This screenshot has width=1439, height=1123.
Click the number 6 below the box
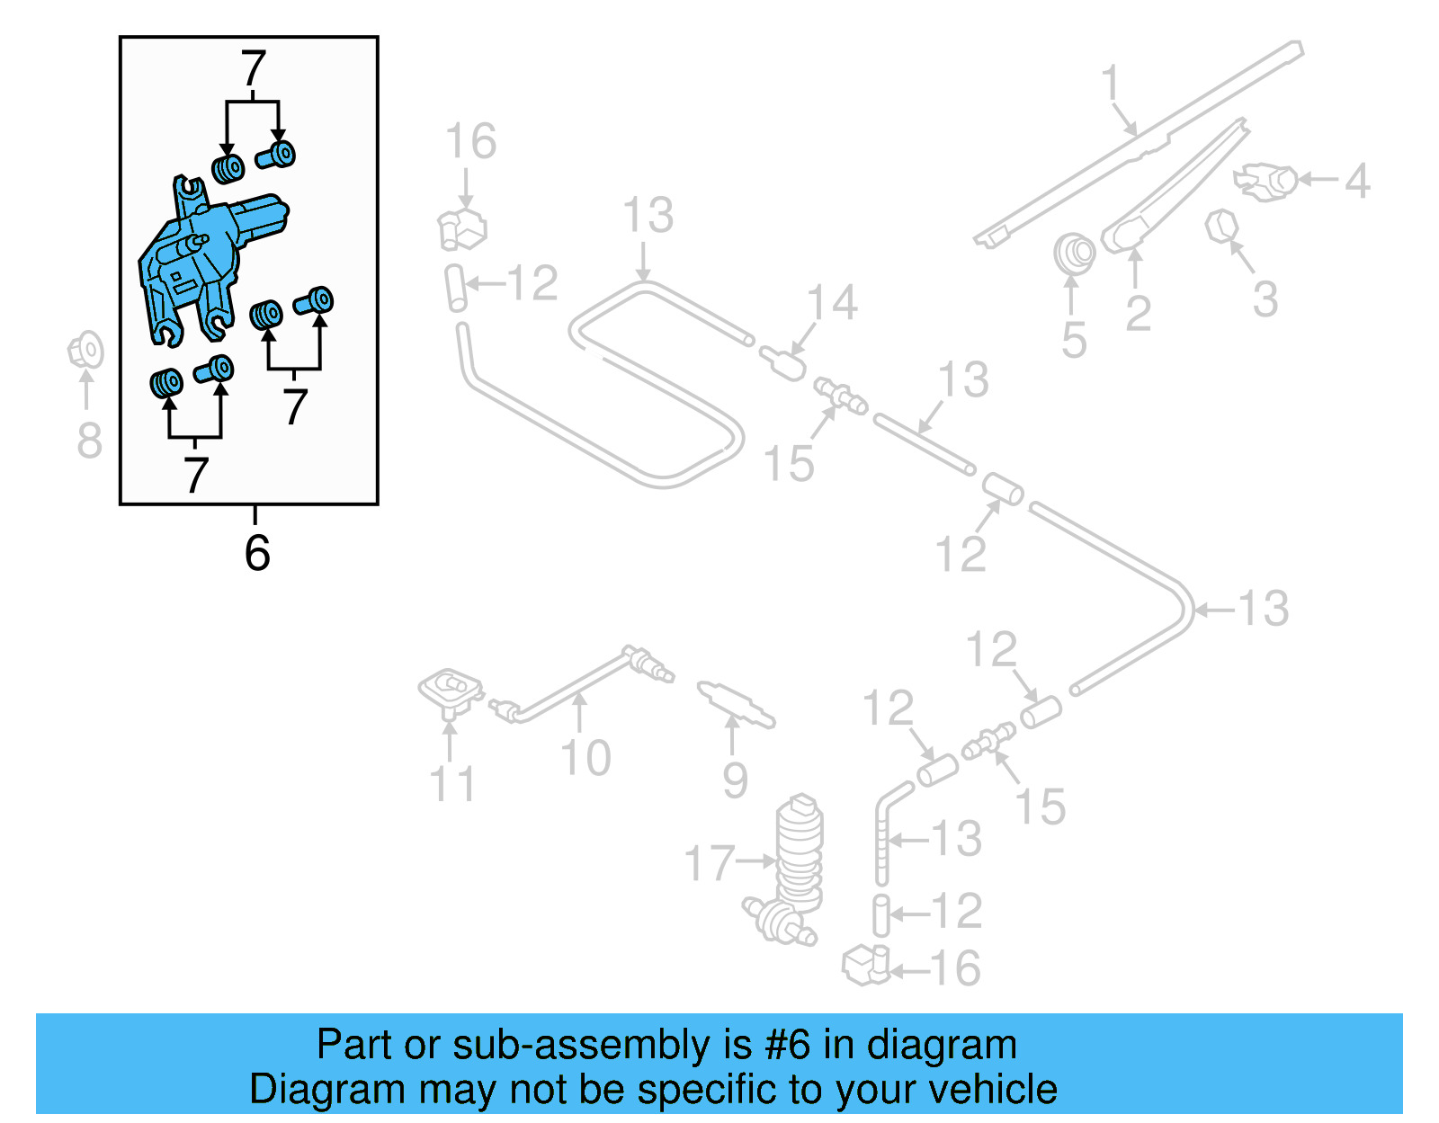point(256,552)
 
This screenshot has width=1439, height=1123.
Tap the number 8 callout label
point(89,441)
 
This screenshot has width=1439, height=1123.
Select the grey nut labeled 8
point(86,351)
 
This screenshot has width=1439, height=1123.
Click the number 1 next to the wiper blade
point(1112,83)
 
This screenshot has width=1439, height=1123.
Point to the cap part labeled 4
point(1268,181)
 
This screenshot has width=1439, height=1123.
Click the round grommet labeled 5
point(1074,254)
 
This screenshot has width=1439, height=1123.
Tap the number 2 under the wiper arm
point(1138,314)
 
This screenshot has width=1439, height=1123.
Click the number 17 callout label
point(710,862)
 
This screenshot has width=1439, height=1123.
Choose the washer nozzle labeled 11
point(450,692)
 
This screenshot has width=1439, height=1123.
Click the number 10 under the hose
point(585,757)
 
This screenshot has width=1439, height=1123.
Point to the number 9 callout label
point(735,780)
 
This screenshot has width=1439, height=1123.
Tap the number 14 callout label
point(832,302)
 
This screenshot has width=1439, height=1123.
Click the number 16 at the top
point(470,141)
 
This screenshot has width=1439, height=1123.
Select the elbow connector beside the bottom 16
point(865,966)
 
